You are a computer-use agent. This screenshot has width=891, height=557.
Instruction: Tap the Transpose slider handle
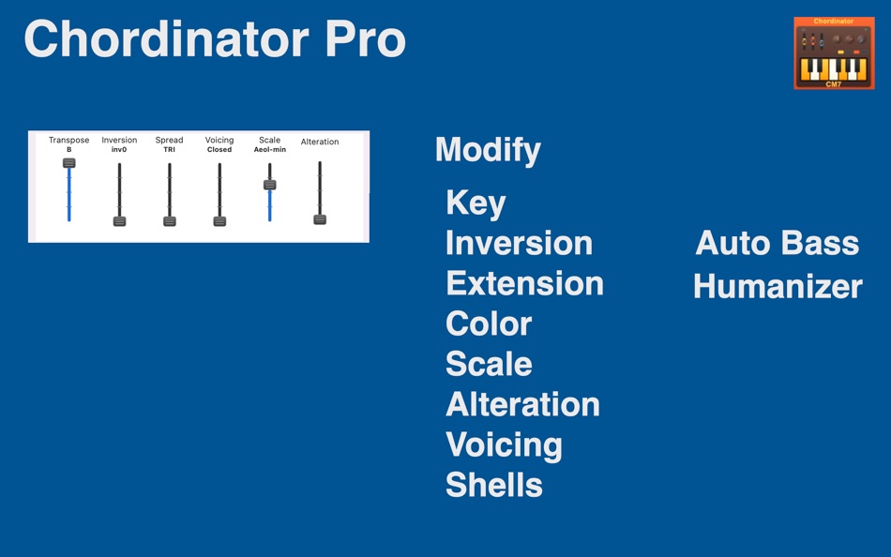(69, 163)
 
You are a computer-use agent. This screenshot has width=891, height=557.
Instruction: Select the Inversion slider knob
(119, 221)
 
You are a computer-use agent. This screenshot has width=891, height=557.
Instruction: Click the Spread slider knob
(170, 221)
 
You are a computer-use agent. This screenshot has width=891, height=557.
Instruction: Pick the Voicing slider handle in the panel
(219, 221)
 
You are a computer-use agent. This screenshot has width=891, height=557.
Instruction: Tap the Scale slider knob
(269, 185)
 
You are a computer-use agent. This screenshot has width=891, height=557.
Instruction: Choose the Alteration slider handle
(320, 219)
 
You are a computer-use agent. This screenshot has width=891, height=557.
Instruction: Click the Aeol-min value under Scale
(269, 150)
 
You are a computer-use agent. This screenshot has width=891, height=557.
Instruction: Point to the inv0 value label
(119, 150)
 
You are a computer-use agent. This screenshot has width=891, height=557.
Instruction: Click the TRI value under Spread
(170, 150)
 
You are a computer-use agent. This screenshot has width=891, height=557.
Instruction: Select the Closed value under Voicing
(219, 150)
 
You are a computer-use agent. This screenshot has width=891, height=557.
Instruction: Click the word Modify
(488, 150)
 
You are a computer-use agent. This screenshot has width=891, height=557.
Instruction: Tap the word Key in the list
(476, 203)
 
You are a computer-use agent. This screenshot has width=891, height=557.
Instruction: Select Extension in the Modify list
(524, 283)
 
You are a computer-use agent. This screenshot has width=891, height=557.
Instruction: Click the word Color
(489, 324)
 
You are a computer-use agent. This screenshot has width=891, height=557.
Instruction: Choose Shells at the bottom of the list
(493, 485)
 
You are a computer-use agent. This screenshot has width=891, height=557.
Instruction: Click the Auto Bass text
(777, 244)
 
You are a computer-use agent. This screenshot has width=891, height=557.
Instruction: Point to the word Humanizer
(778, 287)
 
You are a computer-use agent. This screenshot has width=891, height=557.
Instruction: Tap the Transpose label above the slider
(69, 141)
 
